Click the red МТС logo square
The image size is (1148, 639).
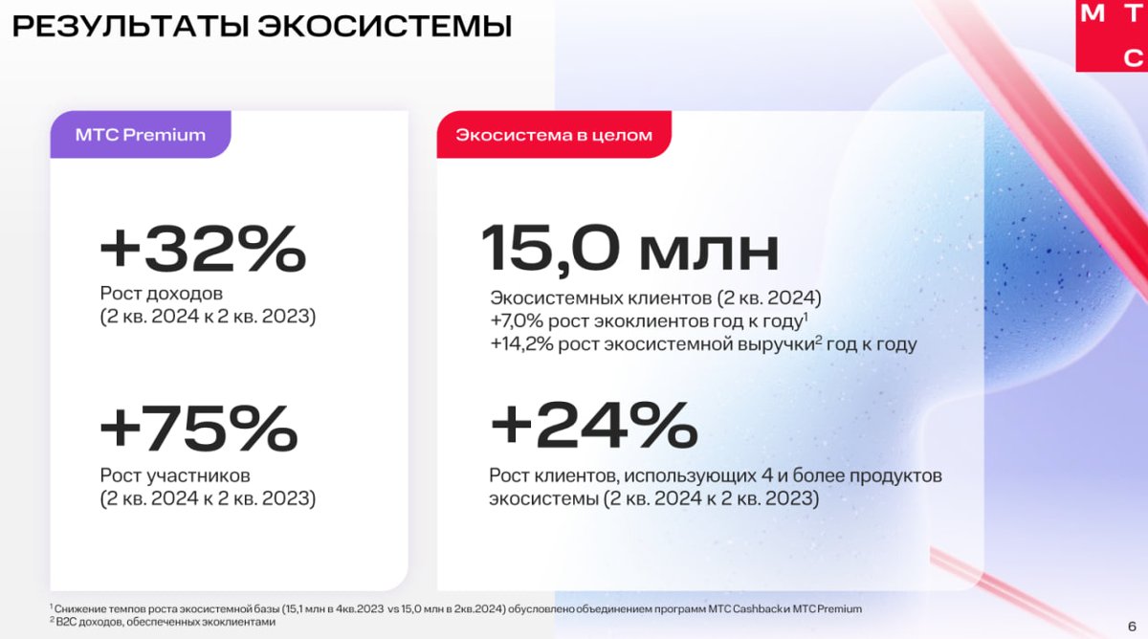1112,35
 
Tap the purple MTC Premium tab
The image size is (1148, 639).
141,134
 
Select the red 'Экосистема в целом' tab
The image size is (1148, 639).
554,134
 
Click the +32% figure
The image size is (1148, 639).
203,249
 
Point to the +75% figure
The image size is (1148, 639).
199,428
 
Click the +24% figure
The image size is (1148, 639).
594,425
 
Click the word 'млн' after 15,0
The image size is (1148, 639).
710,253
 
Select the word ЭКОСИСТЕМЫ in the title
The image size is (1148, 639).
385,26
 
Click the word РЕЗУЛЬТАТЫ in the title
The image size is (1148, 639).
131,26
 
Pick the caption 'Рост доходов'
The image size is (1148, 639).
162,294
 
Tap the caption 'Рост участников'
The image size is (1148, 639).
175,475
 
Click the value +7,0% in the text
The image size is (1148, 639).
517,320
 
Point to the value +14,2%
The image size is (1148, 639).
521,343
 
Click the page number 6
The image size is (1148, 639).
1132,627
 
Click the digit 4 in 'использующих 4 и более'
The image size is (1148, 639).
767,475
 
